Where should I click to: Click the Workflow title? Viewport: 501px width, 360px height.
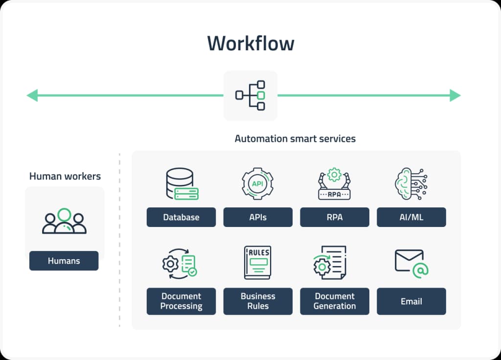[x=250, y=44]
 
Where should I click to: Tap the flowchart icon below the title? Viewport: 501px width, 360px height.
[x=250, y=95]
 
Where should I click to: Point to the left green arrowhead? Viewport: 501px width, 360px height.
[x=32, y=95]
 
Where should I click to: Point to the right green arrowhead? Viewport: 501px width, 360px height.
[x=455, y=95]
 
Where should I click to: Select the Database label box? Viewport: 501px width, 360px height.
[x=181, y=217]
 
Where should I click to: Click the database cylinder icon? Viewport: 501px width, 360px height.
[x=182, y=184]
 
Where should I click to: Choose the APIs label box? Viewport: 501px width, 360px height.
[x=258, y=217]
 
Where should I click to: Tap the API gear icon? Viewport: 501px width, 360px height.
[x=258, y=184]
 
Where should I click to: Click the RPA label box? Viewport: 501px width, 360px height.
[x=335, y=217]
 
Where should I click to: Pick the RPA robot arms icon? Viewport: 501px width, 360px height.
[x=335, y=184]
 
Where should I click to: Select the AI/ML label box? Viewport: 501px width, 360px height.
[x=411, y=217]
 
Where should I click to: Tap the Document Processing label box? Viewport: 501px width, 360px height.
[x=181, y=301]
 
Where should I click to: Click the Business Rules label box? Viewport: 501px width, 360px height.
[x=258, y=301]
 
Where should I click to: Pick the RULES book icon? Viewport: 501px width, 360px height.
[x=258, y=263]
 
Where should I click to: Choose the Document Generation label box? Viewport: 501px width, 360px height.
[x=335, y=301]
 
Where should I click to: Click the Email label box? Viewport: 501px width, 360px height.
[x=411, y=301]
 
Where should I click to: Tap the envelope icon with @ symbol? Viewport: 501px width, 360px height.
[x=411, y=263]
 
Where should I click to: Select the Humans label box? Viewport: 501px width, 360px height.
[x=64, y=261]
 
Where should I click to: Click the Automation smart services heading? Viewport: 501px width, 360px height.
[x=295, y=138]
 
